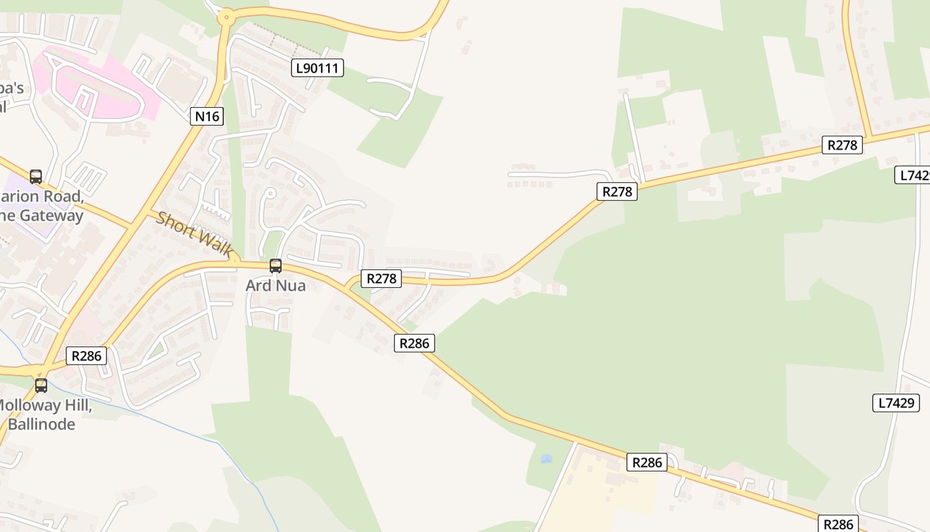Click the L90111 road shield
pyautogui.click(x=318, y=67)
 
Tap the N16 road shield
pyautogui.click(x=206, y=116)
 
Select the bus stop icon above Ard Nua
pyautogui.click(x=275, y=266)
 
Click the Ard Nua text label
pyautogui.click(x=275, y=285)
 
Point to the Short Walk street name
pyautogui.click(x=194, y=234)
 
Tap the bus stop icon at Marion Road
pyautogui.click(x=36, y=177)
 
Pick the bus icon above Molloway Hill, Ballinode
pyautogui.click(x=41, y=386)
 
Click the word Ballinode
pyautogui.click(x=41, y=424)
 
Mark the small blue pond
pyautogui.click(x=546, y=459)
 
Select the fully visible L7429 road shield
pyautogui.click(x=895, y=402)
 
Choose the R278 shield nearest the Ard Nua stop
pyautogui.click(x=381, y=278)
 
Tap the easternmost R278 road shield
pyautogui.click(x=842, y=144)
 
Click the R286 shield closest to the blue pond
pyautogui.click(x=646, y=462)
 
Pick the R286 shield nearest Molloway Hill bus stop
pyautogui.click(x=86, y=356)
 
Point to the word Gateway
pyautogui.click(x=51, y=215)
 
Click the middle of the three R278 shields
pyautogui.click(x=617, y=192)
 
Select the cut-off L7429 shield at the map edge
pyautogui.click(x=915, y=175)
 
